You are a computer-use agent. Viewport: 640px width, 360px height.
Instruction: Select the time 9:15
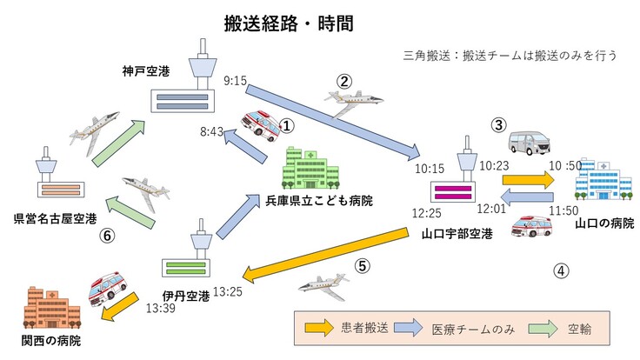236,80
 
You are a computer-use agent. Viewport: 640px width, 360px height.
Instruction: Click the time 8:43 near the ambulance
212,131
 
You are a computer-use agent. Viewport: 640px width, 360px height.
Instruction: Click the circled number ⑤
363,266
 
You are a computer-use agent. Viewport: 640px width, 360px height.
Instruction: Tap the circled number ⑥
107,235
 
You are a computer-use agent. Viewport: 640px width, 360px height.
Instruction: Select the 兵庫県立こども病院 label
320,201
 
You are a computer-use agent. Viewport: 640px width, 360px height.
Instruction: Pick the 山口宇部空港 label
457,234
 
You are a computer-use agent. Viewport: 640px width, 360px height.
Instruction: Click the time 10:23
493,165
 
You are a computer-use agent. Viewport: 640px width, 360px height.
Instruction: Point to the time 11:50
564,210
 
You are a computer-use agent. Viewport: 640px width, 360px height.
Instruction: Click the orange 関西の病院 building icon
47,303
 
